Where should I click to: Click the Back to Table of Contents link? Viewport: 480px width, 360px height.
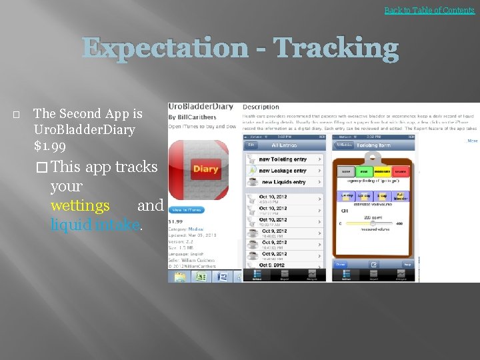coord(429,10)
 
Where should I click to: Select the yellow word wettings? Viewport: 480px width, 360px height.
coord(80,206)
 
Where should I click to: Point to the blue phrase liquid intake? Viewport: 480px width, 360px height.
coord(95,225)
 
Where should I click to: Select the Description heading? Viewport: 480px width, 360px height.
coord(261,107)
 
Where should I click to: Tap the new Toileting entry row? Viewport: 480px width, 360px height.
coord(283,159)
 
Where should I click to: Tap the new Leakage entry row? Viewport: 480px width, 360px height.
coord(283,171)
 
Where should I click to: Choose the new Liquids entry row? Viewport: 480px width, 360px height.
coord(283,182)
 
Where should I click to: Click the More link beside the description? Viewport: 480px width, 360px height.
coord(472,141)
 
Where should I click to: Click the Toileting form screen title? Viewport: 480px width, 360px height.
coord(373,145)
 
